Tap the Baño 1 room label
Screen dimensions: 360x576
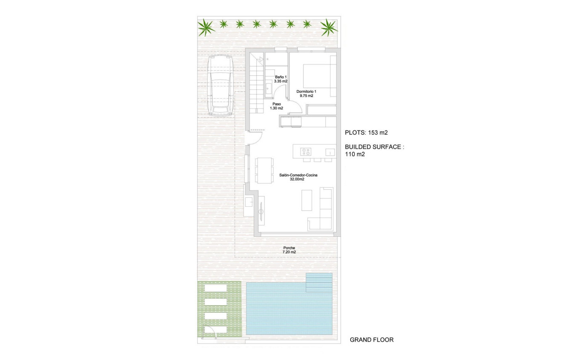pyautogui.click(x=280, y=79)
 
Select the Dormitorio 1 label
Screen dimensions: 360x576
pyautogui.click(x=306, y=94)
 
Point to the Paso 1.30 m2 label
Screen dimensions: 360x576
pyautogui.click(x=277, y=106)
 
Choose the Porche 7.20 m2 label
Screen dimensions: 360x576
pyautogui.click(x=289, y=250)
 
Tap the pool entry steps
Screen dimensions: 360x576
pyautogui.click(x=319, y=282)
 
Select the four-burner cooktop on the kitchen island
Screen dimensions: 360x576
pyautogui.click(x=305, y=152)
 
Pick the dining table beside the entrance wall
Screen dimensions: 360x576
pyautogui.click(x=264, y=170)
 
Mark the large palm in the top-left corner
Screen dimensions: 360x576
pyautogui.click(x=206, y=28)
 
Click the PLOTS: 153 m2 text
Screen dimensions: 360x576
pyautogui.click(x=366, y=133)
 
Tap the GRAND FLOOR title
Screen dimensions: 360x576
pyautogui.click(x=371, y=340)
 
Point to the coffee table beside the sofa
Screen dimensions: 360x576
pyautogui.click(x=307, y=200)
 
